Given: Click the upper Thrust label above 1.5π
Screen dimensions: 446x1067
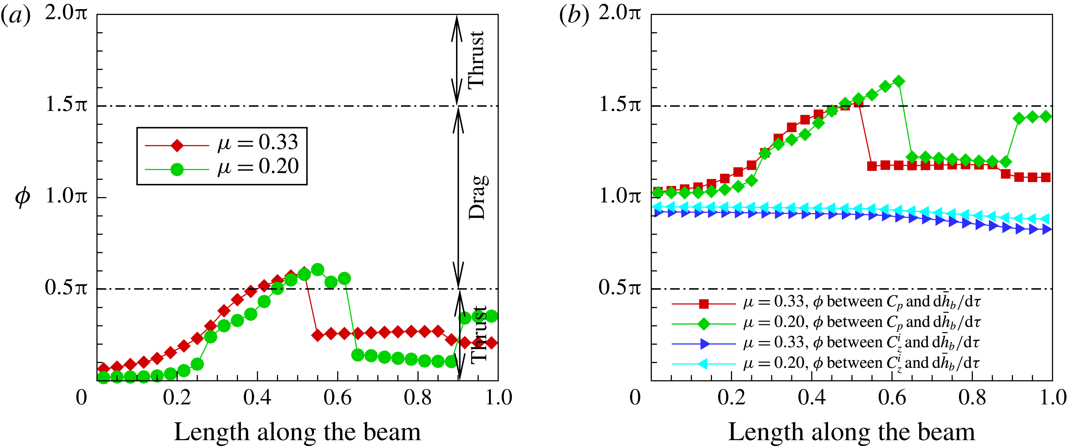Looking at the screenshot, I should coord(476,60).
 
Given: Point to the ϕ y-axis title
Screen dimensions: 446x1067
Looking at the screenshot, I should coord(22,196).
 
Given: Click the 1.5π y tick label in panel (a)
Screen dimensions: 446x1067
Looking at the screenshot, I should coord(66,104).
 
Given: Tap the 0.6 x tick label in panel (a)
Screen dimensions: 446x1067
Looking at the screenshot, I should coord(337,398).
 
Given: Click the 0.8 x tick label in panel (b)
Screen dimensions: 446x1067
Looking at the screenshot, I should coord(972,398).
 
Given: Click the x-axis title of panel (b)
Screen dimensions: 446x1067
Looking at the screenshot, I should coord(852,432).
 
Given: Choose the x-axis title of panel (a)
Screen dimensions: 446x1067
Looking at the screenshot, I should coord(297,432).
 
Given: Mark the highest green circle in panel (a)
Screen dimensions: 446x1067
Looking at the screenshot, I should coord(318,270).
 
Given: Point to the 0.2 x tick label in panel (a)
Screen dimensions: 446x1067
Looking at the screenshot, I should coord(177,398).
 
